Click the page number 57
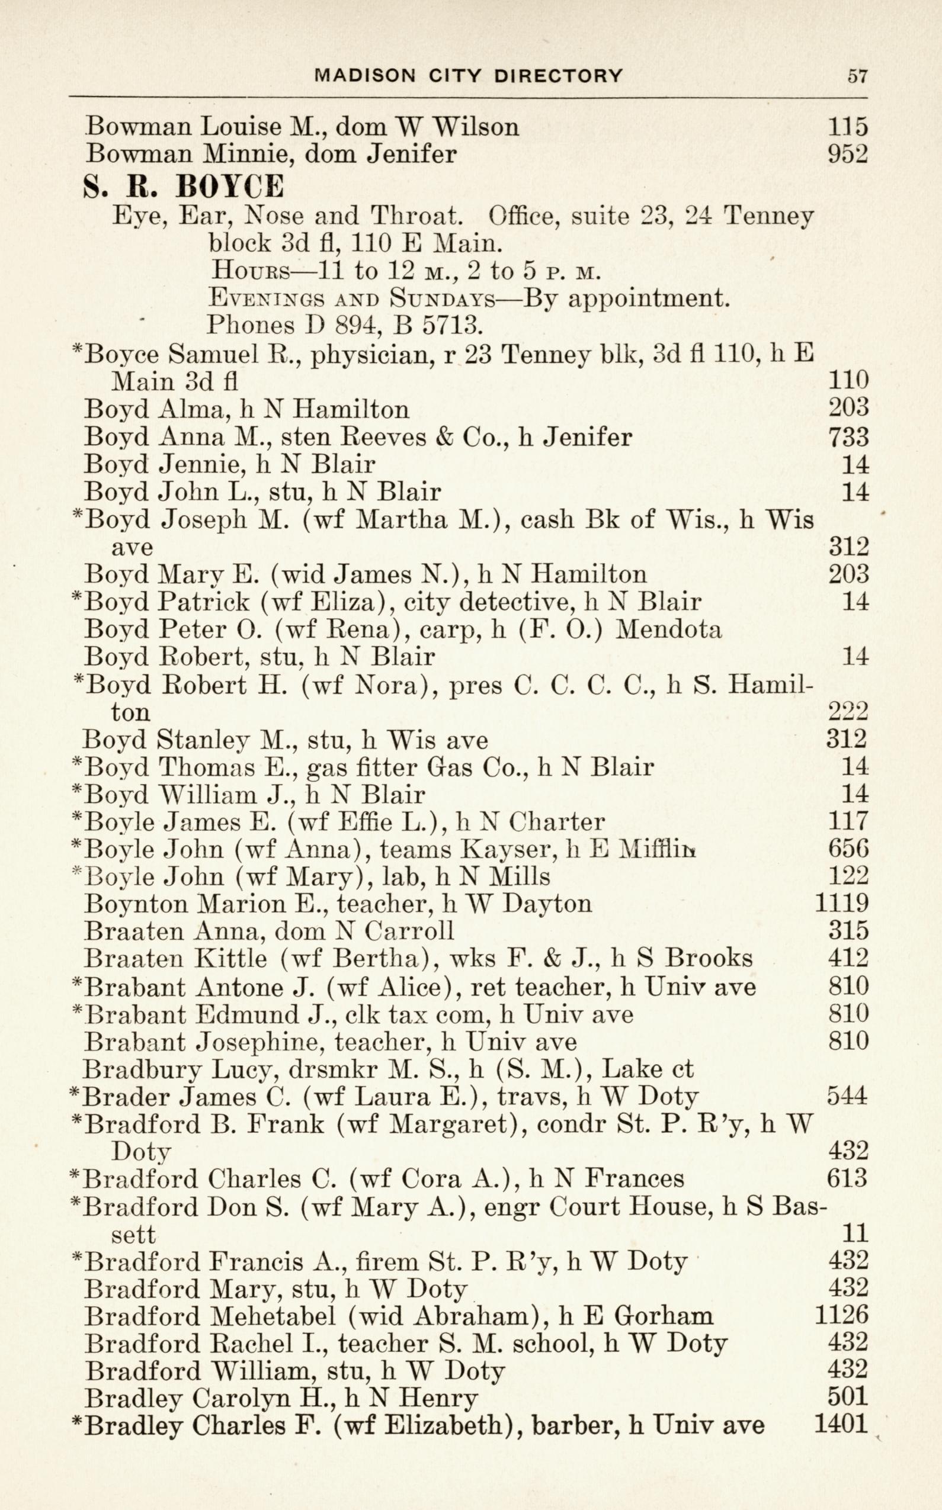857,76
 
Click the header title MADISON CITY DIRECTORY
469,76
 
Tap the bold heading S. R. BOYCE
183,186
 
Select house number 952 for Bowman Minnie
847,154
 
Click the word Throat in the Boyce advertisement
416,217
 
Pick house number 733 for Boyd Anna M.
848,436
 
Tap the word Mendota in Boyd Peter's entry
668,629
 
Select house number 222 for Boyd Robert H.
848,712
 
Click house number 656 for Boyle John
848,849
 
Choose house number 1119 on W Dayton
841,904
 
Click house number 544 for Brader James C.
847,1096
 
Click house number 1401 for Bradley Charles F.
841,1426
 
